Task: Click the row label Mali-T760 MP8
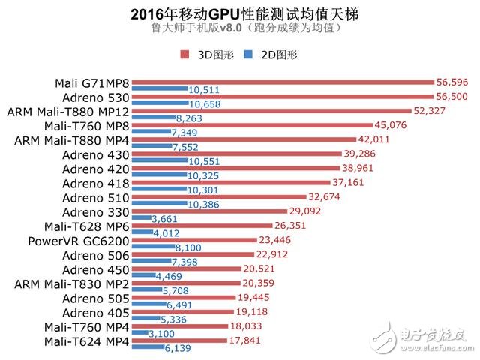pos(86,125)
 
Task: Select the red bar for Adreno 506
pos(188,253)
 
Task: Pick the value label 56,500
pos(453,97)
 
